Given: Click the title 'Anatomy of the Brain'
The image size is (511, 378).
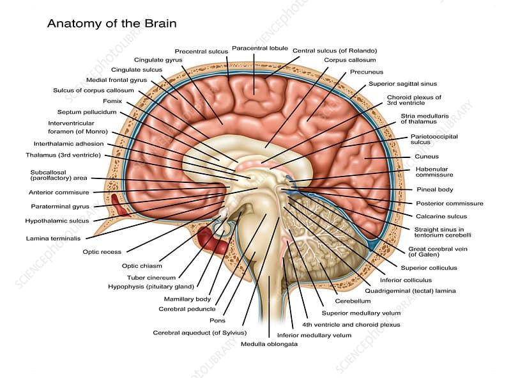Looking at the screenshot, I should (112, 24).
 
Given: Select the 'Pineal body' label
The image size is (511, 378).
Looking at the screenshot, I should (435, 189).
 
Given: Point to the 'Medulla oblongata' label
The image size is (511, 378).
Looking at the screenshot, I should (269, 343).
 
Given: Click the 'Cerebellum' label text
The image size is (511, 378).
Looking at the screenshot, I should (353, 301).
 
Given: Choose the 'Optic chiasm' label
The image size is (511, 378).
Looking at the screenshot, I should (142, 265).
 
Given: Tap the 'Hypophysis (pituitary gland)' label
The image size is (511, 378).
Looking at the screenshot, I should (151, 287).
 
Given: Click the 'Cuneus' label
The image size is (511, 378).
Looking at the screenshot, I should (427, 156).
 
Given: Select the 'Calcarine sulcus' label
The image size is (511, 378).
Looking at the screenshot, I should (441, 216).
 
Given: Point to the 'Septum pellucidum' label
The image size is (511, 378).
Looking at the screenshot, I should (87, 111).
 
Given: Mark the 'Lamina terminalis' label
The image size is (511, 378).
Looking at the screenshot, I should (54, 239).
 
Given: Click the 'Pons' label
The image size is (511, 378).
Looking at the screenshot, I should (217, 320).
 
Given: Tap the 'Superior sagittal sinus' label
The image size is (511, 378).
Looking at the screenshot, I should (402, 84).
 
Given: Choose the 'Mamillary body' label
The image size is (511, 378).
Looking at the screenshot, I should (187, 299).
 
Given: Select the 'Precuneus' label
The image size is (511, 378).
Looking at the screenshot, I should (367, 72).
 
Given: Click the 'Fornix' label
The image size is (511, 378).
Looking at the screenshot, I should (112, 100).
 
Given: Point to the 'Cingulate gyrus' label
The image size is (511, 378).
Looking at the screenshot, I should (158, 59).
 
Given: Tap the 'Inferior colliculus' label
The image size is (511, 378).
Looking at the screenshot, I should (406, 280).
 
